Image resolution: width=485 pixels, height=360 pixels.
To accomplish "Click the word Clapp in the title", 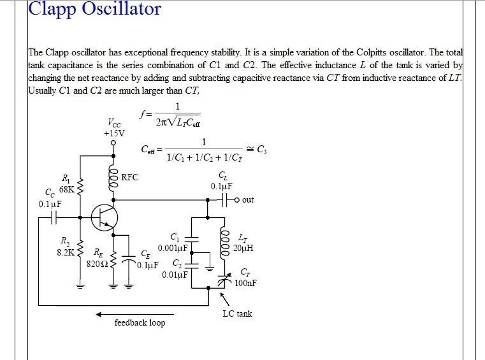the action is point(52,9).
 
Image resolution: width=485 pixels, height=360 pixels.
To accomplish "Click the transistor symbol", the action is point(105,218).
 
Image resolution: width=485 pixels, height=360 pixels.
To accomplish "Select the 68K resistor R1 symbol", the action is point(80,187).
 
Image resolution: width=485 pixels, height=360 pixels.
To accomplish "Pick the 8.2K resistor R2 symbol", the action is point(80,248).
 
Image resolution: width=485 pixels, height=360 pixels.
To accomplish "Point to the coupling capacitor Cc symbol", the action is point(54,218).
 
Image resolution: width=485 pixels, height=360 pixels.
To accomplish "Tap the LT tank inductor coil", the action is point(224,244).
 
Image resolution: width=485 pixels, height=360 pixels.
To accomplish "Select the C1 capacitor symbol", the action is point(192,239).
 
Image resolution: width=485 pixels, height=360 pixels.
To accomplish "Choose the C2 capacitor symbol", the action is point(192,266).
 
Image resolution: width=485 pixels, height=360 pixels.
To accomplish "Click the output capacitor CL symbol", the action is point(225,200).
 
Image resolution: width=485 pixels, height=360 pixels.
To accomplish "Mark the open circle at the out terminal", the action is point(237,200).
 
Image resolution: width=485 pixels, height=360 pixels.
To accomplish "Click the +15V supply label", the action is point(115,134).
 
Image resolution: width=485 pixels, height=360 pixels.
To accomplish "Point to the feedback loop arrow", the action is point(135,315).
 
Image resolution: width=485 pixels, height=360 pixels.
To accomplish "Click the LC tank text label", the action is point(237,313).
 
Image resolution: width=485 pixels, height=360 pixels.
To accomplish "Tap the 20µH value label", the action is point(243,248).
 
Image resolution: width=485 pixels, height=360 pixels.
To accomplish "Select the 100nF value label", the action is point(245,283).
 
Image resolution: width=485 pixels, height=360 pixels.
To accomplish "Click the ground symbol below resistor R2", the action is point(80,285).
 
